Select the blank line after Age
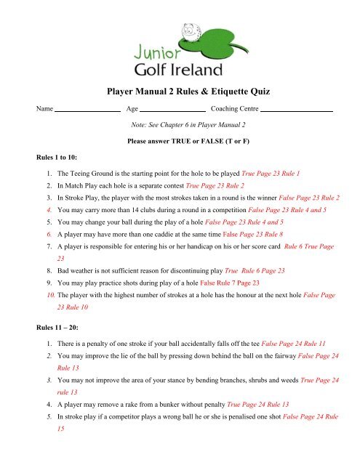(x=172, y=110)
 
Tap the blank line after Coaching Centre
(x=296, y=110)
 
